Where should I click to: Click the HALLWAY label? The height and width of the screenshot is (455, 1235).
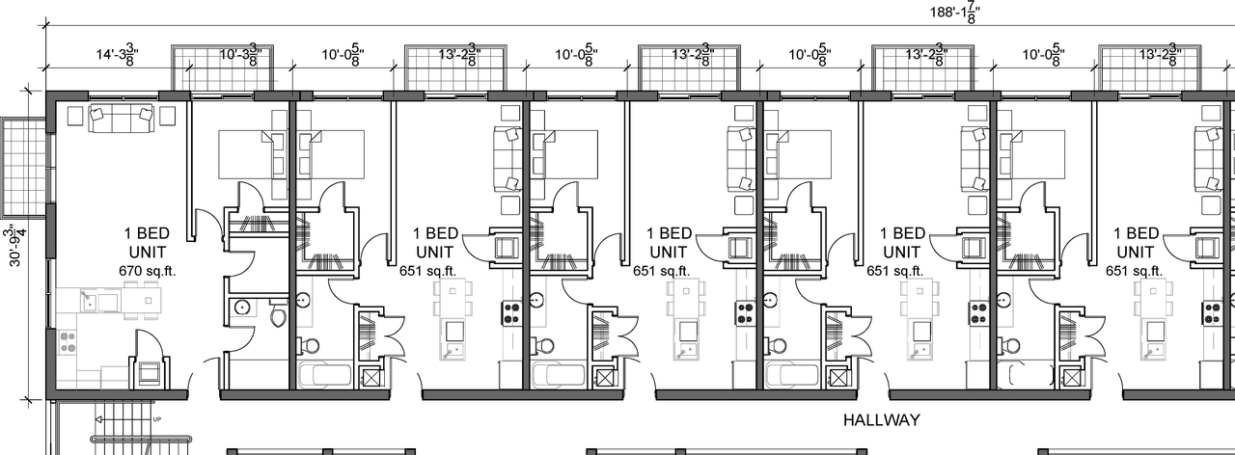click(x=882, y=420)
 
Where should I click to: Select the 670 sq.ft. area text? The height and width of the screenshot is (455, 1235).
click(x=150, y=271)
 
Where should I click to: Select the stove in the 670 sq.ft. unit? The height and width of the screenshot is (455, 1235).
click(x=68, y=340)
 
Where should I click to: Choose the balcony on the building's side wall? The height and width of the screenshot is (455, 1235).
click(x=22, y=167)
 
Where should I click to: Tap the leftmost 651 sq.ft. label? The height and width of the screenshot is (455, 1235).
click(x=428, y=271)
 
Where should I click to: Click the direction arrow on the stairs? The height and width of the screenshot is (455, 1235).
click(x=106, y=419)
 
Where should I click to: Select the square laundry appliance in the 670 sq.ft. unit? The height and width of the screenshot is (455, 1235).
click(x=151, y=372)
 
